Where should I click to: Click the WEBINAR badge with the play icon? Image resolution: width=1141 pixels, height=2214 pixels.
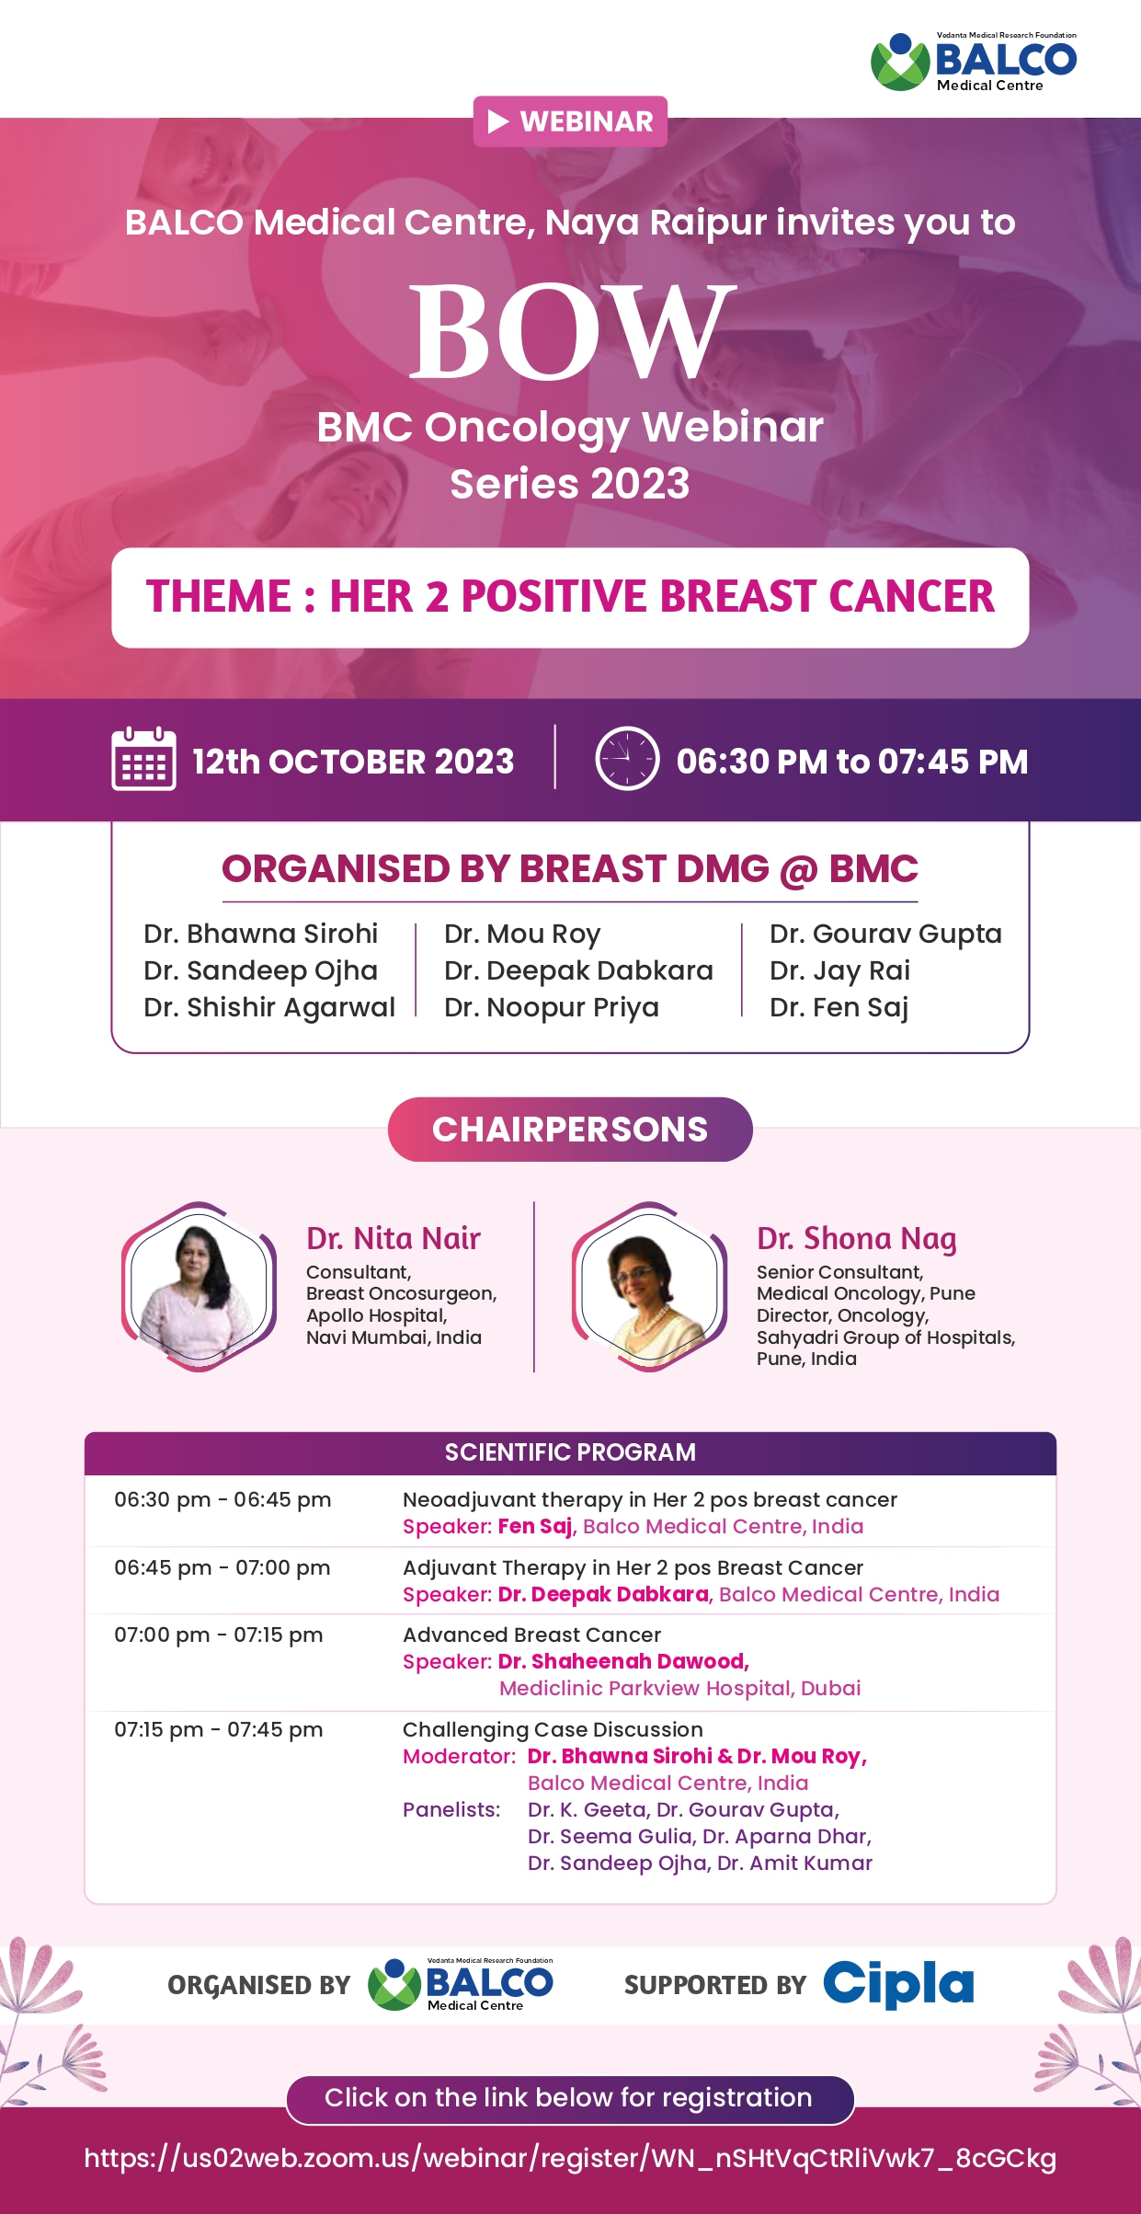point(570,121)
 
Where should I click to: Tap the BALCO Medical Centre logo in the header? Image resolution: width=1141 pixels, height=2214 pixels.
point(974,62)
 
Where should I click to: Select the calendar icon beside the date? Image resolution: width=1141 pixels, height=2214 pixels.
point(143,758)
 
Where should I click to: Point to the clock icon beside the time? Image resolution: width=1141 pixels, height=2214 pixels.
point(627,759)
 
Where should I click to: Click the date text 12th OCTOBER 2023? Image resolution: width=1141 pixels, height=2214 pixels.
point(353,762)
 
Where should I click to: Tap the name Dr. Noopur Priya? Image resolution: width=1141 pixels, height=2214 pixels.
point(552,1007)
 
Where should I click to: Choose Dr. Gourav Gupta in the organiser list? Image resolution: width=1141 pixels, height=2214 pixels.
point(885,934)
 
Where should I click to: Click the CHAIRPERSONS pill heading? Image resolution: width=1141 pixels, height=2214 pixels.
point(570,1130)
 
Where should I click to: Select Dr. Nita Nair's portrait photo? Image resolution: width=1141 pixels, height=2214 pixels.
point(199,1287)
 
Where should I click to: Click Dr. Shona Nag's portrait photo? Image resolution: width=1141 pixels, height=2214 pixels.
point(649,1287)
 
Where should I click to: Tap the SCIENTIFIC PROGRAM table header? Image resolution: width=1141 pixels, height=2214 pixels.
point(570,1452)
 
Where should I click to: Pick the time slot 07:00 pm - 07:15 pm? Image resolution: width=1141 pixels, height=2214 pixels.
point(219,1635)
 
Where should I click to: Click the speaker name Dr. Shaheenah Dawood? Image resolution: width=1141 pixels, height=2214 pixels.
point(623,1661)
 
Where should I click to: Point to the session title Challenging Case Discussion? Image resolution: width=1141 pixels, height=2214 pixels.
point(553,1729)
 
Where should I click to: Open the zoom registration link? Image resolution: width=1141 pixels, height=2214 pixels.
point(570,2158)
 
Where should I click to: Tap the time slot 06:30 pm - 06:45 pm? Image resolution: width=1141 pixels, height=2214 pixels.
point(222,1499)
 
